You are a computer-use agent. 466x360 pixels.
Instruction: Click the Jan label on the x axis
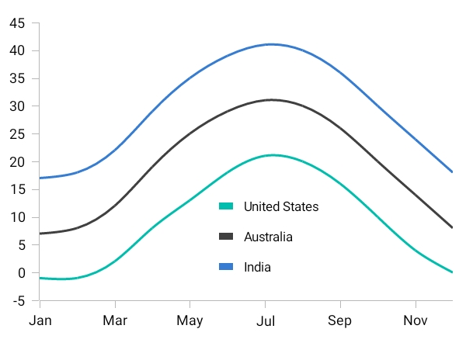click(40, 320)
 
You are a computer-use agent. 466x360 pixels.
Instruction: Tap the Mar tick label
click(115, 320)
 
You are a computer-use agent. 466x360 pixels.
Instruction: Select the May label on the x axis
click(190, 320)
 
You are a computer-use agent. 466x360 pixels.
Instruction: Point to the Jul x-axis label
click(266, 320)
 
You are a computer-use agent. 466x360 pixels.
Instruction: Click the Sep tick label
click(339, 320)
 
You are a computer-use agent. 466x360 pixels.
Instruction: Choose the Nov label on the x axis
click(416, 320)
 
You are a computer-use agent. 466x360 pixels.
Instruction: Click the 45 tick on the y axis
click(18, 23)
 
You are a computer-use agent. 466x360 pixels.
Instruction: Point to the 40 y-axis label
click(18, 51)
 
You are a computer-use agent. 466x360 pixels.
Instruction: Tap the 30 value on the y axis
click(18, 106)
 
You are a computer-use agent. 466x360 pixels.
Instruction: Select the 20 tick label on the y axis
click(18, 162)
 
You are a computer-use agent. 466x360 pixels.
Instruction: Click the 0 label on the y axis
click(22, 273)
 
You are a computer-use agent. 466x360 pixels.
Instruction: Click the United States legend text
click(281, 206)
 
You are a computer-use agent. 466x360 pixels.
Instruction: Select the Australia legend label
click(268, 237)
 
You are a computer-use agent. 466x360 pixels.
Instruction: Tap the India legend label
click(257, 267)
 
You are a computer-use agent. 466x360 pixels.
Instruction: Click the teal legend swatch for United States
click(226, 206)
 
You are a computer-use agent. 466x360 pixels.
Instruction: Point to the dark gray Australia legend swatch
click(226, 237)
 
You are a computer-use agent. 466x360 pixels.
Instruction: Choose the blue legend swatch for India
click(226, 267)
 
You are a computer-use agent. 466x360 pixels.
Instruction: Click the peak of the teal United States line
click(272, 155)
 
